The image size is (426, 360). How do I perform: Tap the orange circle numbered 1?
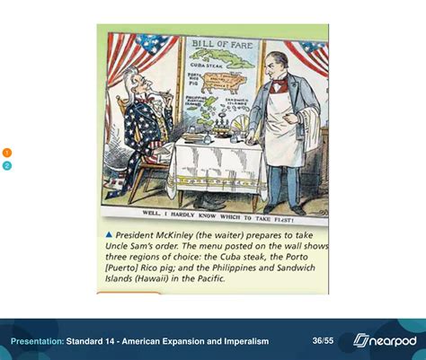[7, 153]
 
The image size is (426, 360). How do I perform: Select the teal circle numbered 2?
[7, 165]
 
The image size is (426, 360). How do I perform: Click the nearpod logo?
[384, 340]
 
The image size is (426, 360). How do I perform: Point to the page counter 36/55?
[323, 341]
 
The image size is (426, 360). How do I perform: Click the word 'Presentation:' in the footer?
[37, 341]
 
